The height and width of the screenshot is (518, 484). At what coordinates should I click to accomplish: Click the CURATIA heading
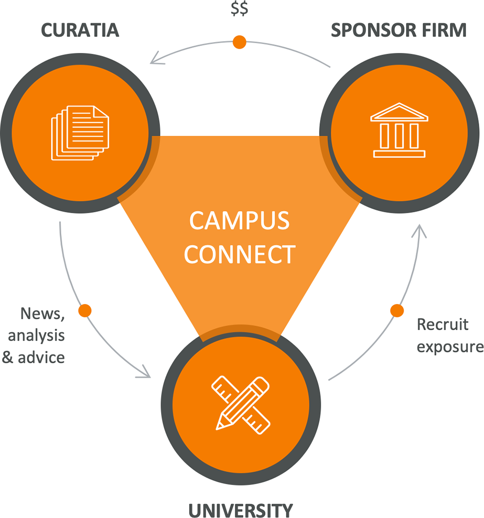click(80, 30)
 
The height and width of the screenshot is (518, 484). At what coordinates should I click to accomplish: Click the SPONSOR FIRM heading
click(398, 30)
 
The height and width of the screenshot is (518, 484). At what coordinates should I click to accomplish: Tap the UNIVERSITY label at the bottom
click(241, 510)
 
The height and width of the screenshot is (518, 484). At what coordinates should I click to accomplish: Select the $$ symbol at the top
click(240, 9)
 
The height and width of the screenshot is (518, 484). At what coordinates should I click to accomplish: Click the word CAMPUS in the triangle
click(239, 221)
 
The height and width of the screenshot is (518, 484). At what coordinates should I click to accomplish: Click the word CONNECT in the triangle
click(240, 254)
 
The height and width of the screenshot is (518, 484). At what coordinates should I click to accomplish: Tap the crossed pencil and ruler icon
click(241, 403)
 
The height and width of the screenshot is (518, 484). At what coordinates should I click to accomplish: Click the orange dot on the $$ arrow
click(240, 42)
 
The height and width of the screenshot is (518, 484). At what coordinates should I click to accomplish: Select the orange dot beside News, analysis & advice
click(85, 310)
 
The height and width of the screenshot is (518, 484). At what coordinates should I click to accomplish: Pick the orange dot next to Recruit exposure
click(397, 310)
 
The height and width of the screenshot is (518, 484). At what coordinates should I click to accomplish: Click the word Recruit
click(442, 325)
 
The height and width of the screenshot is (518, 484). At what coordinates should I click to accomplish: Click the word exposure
click(450, 347)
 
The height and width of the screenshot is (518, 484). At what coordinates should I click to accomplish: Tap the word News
click(42, 314)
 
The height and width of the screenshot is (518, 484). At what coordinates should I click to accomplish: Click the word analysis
click(36, 335)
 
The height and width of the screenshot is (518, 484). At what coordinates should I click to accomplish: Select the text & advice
click(34, 357)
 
